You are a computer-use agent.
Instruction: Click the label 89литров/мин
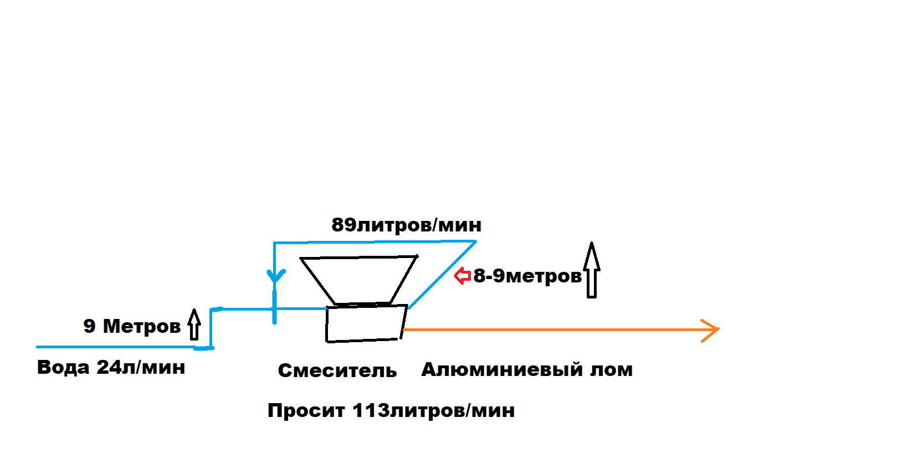pyautogui.click(x=406, y=225)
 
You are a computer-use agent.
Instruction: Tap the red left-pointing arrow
pyautogui.click(x=462, y=275)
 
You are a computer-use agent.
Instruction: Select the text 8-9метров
pyautogui.click(x=527, y=275)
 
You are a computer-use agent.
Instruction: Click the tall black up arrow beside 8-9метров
pyautogui.click(x=592, y=270)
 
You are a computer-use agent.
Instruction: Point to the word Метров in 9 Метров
pyautogui.click(x=142, y=326)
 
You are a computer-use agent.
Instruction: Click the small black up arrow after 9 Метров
pyautogui.click(x=194, y=324)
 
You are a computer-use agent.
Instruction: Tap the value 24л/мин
pyautogui.click(x=141, y=367)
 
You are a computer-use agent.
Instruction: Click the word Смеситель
pyautogui.click(x=337, y=370)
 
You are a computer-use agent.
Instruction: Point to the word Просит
pyautogui.click(x=306, y=410)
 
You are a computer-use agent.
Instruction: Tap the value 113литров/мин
pyautogui.click(x=433, y=410)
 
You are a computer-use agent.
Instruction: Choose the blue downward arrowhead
pyautogui.click(x=275, y=276)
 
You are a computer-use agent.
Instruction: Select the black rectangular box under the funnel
pyautogui.click(x=366, y=323)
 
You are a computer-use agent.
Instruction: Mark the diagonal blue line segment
pyautogui.click(x=442, y=275)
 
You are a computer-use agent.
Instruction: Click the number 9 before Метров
pyautogui.click(x=89, y=326)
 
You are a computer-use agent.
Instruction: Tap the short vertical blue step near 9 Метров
pyautogui.click(x=211, y=328)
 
